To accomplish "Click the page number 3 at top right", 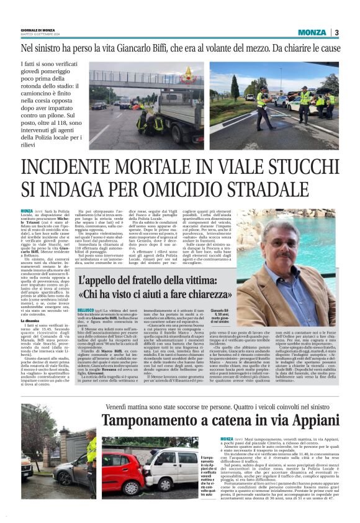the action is tap(336, 32).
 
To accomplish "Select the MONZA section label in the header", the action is tap(312, 32).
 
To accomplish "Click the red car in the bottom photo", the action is tap(122, 460).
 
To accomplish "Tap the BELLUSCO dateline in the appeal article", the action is tap(86, 308).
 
